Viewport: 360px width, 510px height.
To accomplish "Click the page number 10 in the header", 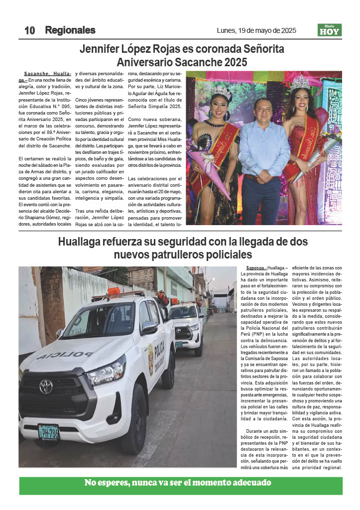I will point(29,30).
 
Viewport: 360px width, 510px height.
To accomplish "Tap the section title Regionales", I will point(70,30).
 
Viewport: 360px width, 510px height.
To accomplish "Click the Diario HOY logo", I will point(330,30).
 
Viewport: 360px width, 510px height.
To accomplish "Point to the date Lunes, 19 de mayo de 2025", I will point(256,30).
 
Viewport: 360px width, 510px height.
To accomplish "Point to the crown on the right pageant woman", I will point(300,82).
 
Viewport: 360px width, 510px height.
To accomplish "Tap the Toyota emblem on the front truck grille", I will point(46,386).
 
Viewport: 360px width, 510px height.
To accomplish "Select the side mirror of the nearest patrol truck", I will point(148,327).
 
